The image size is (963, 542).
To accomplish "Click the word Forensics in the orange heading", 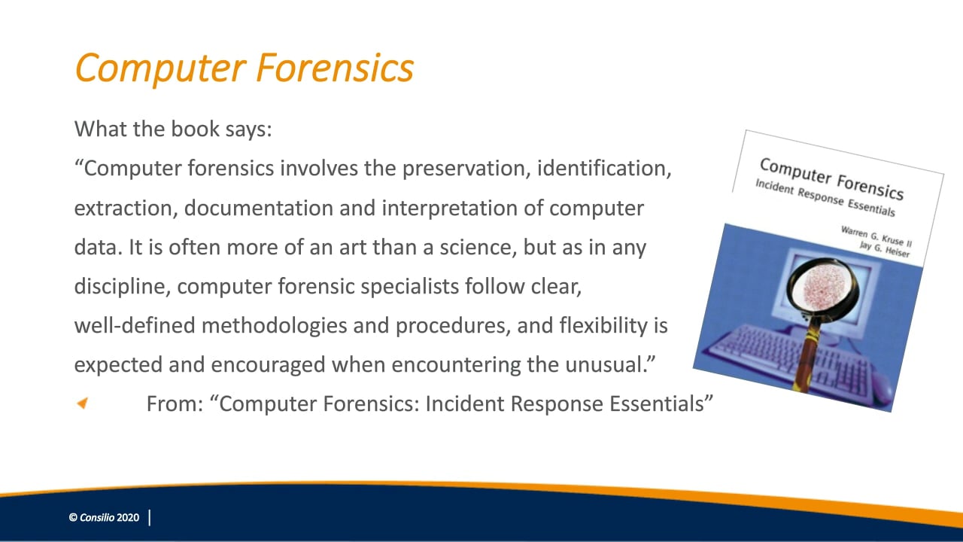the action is [335, 68].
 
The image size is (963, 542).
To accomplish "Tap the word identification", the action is [604, 168].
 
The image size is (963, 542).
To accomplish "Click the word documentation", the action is [258, 209].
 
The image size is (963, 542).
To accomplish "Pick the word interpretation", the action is [449, 209].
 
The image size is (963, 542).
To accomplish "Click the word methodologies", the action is [275, 326].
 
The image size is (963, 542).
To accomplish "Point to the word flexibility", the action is [603, 326].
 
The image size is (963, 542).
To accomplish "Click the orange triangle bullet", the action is [82, 403].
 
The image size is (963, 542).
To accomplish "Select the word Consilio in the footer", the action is [97, 517].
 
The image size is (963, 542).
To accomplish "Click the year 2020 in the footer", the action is [128, 517].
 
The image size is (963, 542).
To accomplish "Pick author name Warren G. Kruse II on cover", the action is [876, 237].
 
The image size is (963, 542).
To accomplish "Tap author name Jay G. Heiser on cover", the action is [885, 249].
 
